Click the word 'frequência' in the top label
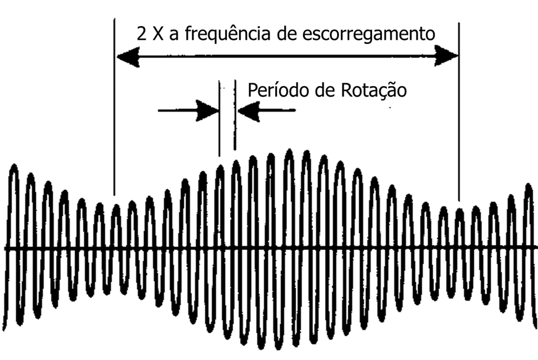(228, 34)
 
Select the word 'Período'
(274, 90)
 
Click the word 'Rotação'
(374, 91)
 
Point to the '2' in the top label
(141, 34)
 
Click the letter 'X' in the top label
(158, 34)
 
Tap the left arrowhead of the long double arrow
(128, 57)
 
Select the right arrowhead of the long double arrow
(447, 56)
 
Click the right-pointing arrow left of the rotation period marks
(189, 111)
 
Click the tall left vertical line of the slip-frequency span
(115, 106)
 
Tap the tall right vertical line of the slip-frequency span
(459, 112)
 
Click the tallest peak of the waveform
(289, 151)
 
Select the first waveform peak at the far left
(14, 167)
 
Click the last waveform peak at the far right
(528, 186)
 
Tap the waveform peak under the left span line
(116, 207)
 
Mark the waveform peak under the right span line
(459, 211)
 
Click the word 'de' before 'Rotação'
(321, 91)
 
